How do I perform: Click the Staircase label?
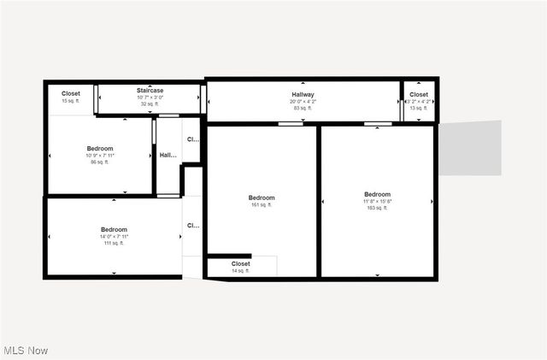pyautogui.click(x=150, y=91)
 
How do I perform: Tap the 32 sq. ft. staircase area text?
pyautogui.click(x=150, y=103)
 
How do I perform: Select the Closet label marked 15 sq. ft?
pyautogui.click(x=71, y=93)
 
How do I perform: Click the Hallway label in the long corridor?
pyautogui.click(x=303, y=95)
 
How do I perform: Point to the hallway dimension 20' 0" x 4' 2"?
pyautogui.click(x=303, y=102)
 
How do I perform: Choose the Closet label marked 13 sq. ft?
pyautogui.click(x=419, y=95)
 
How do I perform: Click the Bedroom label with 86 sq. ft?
pyautogui.click(x=99, y=148)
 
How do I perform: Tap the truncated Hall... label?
pyautogui.click(x=168, y=156)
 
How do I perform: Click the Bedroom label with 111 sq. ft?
pyautogui.click(x=114, y=229)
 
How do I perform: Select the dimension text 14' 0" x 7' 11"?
pyautogui.click(x=114, y=237)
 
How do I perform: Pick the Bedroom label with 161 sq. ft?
pyautogui.click(x=262, y=198)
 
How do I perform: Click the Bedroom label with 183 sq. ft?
pyautogui.click(x=377, y=194)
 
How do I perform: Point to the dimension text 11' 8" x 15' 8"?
pyautogui.click(x=377, y=201)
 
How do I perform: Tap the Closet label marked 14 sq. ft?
pyautogui.click(x=241, y=264)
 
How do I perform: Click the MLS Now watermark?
pyautogui.click(x=26, y=351)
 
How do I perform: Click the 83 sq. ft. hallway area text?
pyautogui.click(x=303, y=108)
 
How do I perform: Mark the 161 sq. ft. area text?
pyautogui.click(x=262, y=205)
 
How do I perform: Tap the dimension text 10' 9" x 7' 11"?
pyautogui.click(x=99, y=156)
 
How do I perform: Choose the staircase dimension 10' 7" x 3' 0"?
pyautogui.click(x=150, y=97)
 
